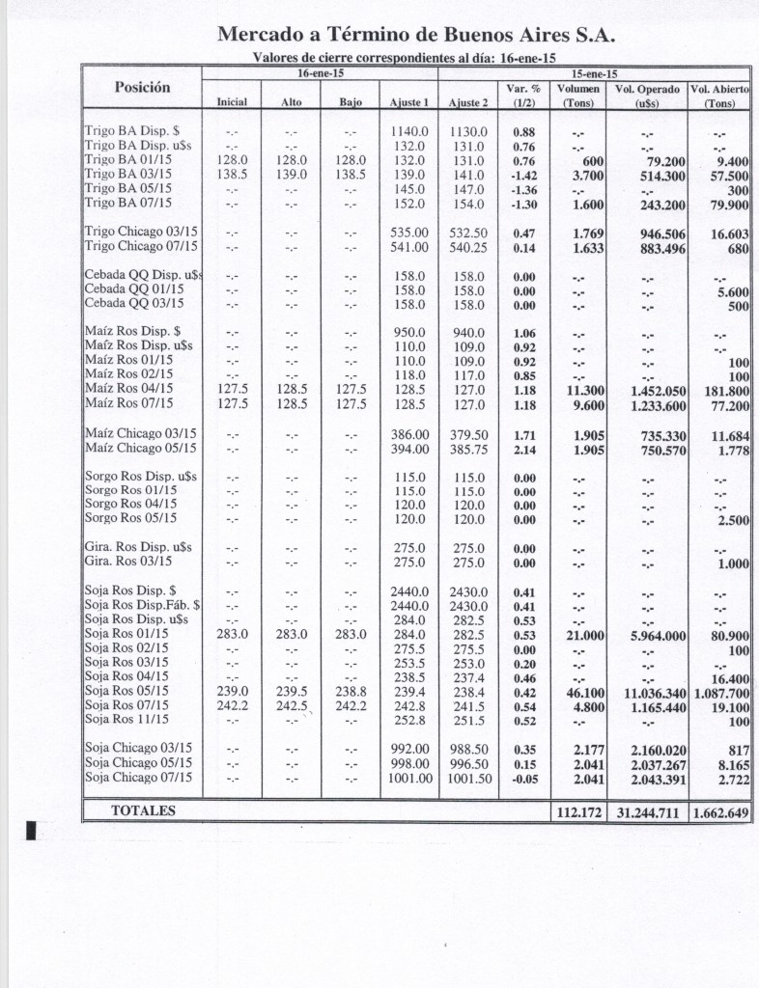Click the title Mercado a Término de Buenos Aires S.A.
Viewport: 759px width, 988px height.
416,36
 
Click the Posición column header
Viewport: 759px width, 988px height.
142,87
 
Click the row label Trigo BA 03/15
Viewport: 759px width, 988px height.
127,174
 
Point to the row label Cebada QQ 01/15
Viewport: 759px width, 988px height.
133,290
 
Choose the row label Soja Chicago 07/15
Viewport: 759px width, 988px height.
138,777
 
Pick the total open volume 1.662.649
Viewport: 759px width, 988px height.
719,813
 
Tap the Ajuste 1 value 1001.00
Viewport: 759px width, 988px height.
408,777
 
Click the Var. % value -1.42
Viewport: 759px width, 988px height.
524,174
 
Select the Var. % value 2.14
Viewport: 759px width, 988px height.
524,448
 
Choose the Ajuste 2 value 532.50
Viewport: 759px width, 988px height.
468,233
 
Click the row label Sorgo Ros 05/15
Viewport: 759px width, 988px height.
130,518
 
